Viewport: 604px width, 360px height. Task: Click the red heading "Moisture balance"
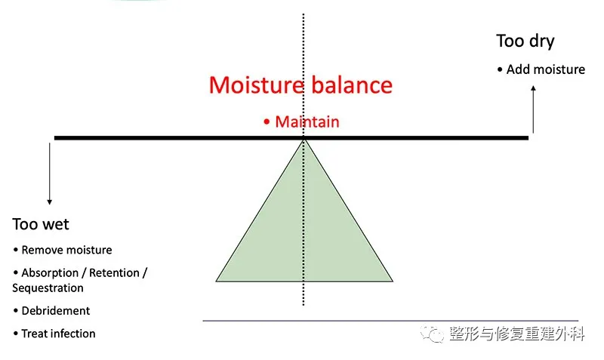click(x=300, y=85)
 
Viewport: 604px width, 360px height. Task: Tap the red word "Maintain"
click(x=307, y=122)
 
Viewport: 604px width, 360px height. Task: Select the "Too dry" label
click(x=525, y=42)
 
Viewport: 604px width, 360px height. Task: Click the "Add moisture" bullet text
click(x=545, y=69)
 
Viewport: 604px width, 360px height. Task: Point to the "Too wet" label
click(x=41, y=224)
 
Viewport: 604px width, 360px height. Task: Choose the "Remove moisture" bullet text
click(x=66, y=250)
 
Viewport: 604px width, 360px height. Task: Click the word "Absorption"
click(x=50, y=273)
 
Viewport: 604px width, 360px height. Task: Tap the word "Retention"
click(x=115, y=272)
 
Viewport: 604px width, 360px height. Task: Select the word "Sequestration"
click(x=48, y=288)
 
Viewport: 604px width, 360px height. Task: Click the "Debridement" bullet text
click(x=55, y=311)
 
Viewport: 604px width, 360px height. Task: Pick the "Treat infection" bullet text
click(x=58, y=334)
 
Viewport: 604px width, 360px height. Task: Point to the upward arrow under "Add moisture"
click(x=533, y=109)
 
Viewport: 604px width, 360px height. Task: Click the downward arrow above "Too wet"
click(x=49, y=174)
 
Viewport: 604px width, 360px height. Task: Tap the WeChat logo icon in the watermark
click(x=432, y=334)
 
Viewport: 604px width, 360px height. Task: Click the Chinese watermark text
click(x=517, y=334)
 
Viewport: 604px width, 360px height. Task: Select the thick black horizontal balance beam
click(x=291, y=138)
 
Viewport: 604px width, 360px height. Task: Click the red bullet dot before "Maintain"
click(x=267, y=122)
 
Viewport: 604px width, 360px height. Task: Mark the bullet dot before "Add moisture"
click(x=500, y=69)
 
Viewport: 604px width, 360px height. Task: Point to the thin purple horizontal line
click(x=390, y=320)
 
